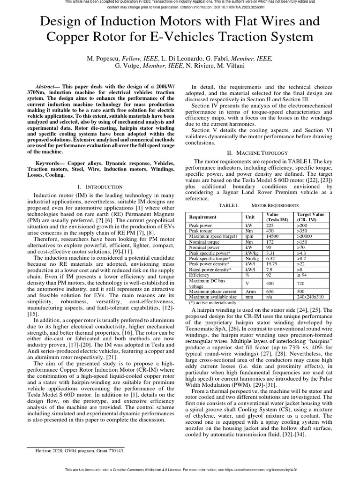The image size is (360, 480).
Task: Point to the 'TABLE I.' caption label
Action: tap(229, 205)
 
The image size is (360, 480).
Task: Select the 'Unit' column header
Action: tap(250, 217)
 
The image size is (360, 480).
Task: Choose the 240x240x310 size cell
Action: tap(311, 297)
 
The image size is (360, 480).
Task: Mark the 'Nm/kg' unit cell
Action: tap(251, 258)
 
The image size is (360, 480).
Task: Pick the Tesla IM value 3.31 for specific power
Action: tap(271, 253)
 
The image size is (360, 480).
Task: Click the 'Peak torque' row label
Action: tap(200, 231)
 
